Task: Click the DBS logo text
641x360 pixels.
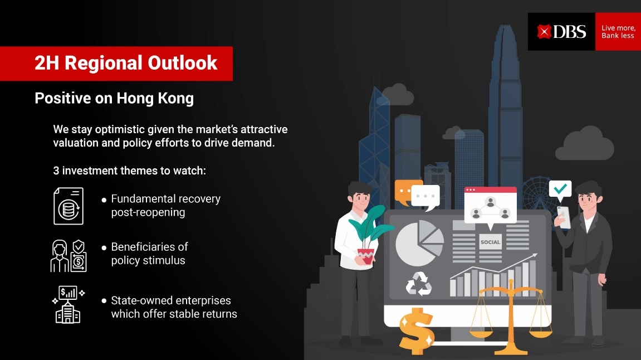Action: click(x=570, y=32)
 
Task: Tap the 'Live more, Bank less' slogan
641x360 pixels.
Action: click(x=618, y=32)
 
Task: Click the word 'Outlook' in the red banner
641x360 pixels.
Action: click(x=182, y=63)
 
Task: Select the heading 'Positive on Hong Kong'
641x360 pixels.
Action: click(x=114, y=98)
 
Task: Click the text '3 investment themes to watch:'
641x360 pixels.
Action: click(x=130, y=171)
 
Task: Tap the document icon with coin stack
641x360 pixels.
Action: click(x=68, y=206)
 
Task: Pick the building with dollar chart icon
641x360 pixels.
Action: click(x=68, y=304)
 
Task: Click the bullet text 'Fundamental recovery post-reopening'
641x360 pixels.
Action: click(x=165, y=206)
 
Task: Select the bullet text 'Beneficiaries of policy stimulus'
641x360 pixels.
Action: click(x=149, y=254)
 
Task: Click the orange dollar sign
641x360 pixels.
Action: click(x=416, y=330)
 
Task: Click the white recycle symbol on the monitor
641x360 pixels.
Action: click(x=419, y=284)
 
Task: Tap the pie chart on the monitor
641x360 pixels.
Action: click(x=419, y=243)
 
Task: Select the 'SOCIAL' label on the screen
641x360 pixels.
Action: click(x=490, y=242)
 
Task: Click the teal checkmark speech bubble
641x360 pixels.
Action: click(x=560, y=189)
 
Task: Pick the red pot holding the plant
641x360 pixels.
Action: click(x=366, y=256)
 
